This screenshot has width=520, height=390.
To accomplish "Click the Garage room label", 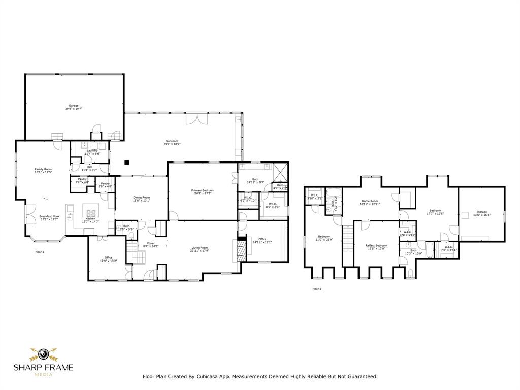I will point(73,105).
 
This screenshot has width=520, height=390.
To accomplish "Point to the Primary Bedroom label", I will point(203,190).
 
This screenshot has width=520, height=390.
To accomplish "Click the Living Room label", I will point(200,247).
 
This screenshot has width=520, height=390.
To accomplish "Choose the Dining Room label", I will point(142,197).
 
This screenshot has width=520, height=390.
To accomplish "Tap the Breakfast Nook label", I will point(49,216).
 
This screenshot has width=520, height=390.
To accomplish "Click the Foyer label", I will point(151,243).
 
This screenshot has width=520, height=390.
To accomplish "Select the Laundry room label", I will point(92,151).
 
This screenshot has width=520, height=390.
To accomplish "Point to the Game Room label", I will point(370,201).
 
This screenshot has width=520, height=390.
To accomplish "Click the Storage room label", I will point(481,212).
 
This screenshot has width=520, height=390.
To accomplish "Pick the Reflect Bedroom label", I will point(376,246).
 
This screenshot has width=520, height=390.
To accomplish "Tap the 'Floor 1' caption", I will point(40,252).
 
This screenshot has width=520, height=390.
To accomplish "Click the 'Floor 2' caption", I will point(317,289).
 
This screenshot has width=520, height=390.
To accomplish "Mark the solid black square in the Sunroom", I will point(127,162).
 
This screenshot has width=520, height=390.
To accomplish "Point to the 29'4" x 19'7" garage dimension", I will point(73,109).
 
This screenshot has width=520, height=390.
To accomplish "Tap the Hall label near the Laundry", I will point(89,167).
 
